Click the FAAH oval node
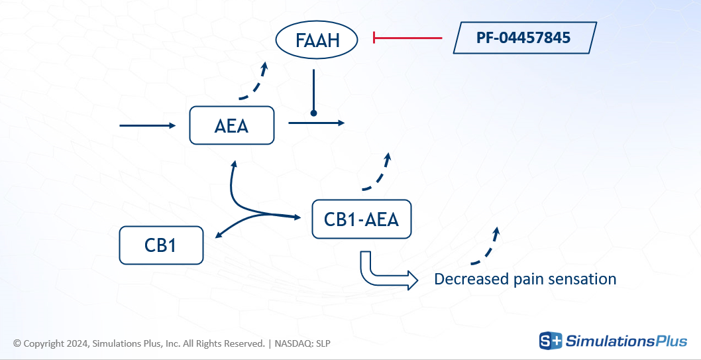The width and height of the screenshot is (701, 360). tap(317, 41)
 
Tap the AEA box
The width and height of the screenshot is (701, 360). tap(231, 125)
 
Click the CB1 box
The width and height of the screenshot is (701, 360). tap(160, 245)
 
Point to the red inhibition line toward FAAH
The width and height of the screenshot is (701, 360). tap(407, 38)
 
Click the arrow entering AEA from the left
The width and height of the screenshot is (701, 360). tap(147, 125)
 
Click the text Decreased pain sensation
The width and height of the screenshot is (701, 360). tap(525, 279)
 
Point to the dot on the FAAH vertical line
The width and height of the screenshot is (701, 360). tap(314, 113)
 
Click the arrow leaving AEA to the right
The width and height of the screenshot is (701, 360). tap(316, 123)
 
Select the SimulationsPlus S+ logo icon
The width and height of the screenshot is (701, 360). tap(550, 341)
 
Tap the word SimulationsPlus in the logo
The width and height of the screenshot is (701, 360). tap(627, 341)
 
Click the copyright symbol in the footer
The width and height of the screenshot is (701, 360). tap(17, 343)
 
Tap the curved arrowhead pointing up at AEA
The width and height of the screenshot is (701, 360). tap(233, 162)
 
